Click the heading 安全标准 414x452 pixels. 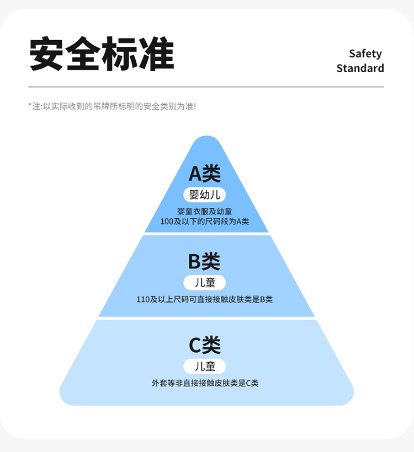point(102,53)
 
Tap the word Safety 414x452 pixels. point(365,53)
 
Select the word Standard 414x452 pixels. point(360,68)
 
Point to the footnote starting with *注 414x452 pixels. point(112,106)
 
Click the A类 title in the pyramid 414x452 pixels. point(205,174)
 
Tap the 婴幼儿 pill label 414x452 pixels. point(205,195)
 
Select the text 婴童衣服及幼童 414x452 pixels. point(205,211)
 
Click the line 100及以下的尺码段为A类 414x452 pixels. point(205,221)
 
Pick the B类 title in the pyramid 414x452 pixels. point(205,261)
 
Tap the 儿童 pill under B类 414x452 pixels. point(205,283)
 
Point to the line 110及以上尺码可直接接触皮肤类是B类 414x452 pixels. point(205,300)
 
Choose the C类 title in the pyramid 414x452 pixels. point(205,346)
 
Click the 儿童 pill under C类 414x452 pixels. point(205,367)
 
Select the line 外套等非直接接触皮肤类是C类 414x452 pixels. point(205,383)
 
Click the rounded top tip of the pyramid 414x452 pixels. point(206,141)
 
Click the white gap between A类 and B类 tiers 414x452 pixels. point(206,234)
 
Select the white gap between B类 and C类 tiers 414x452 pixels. point(206,319)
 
